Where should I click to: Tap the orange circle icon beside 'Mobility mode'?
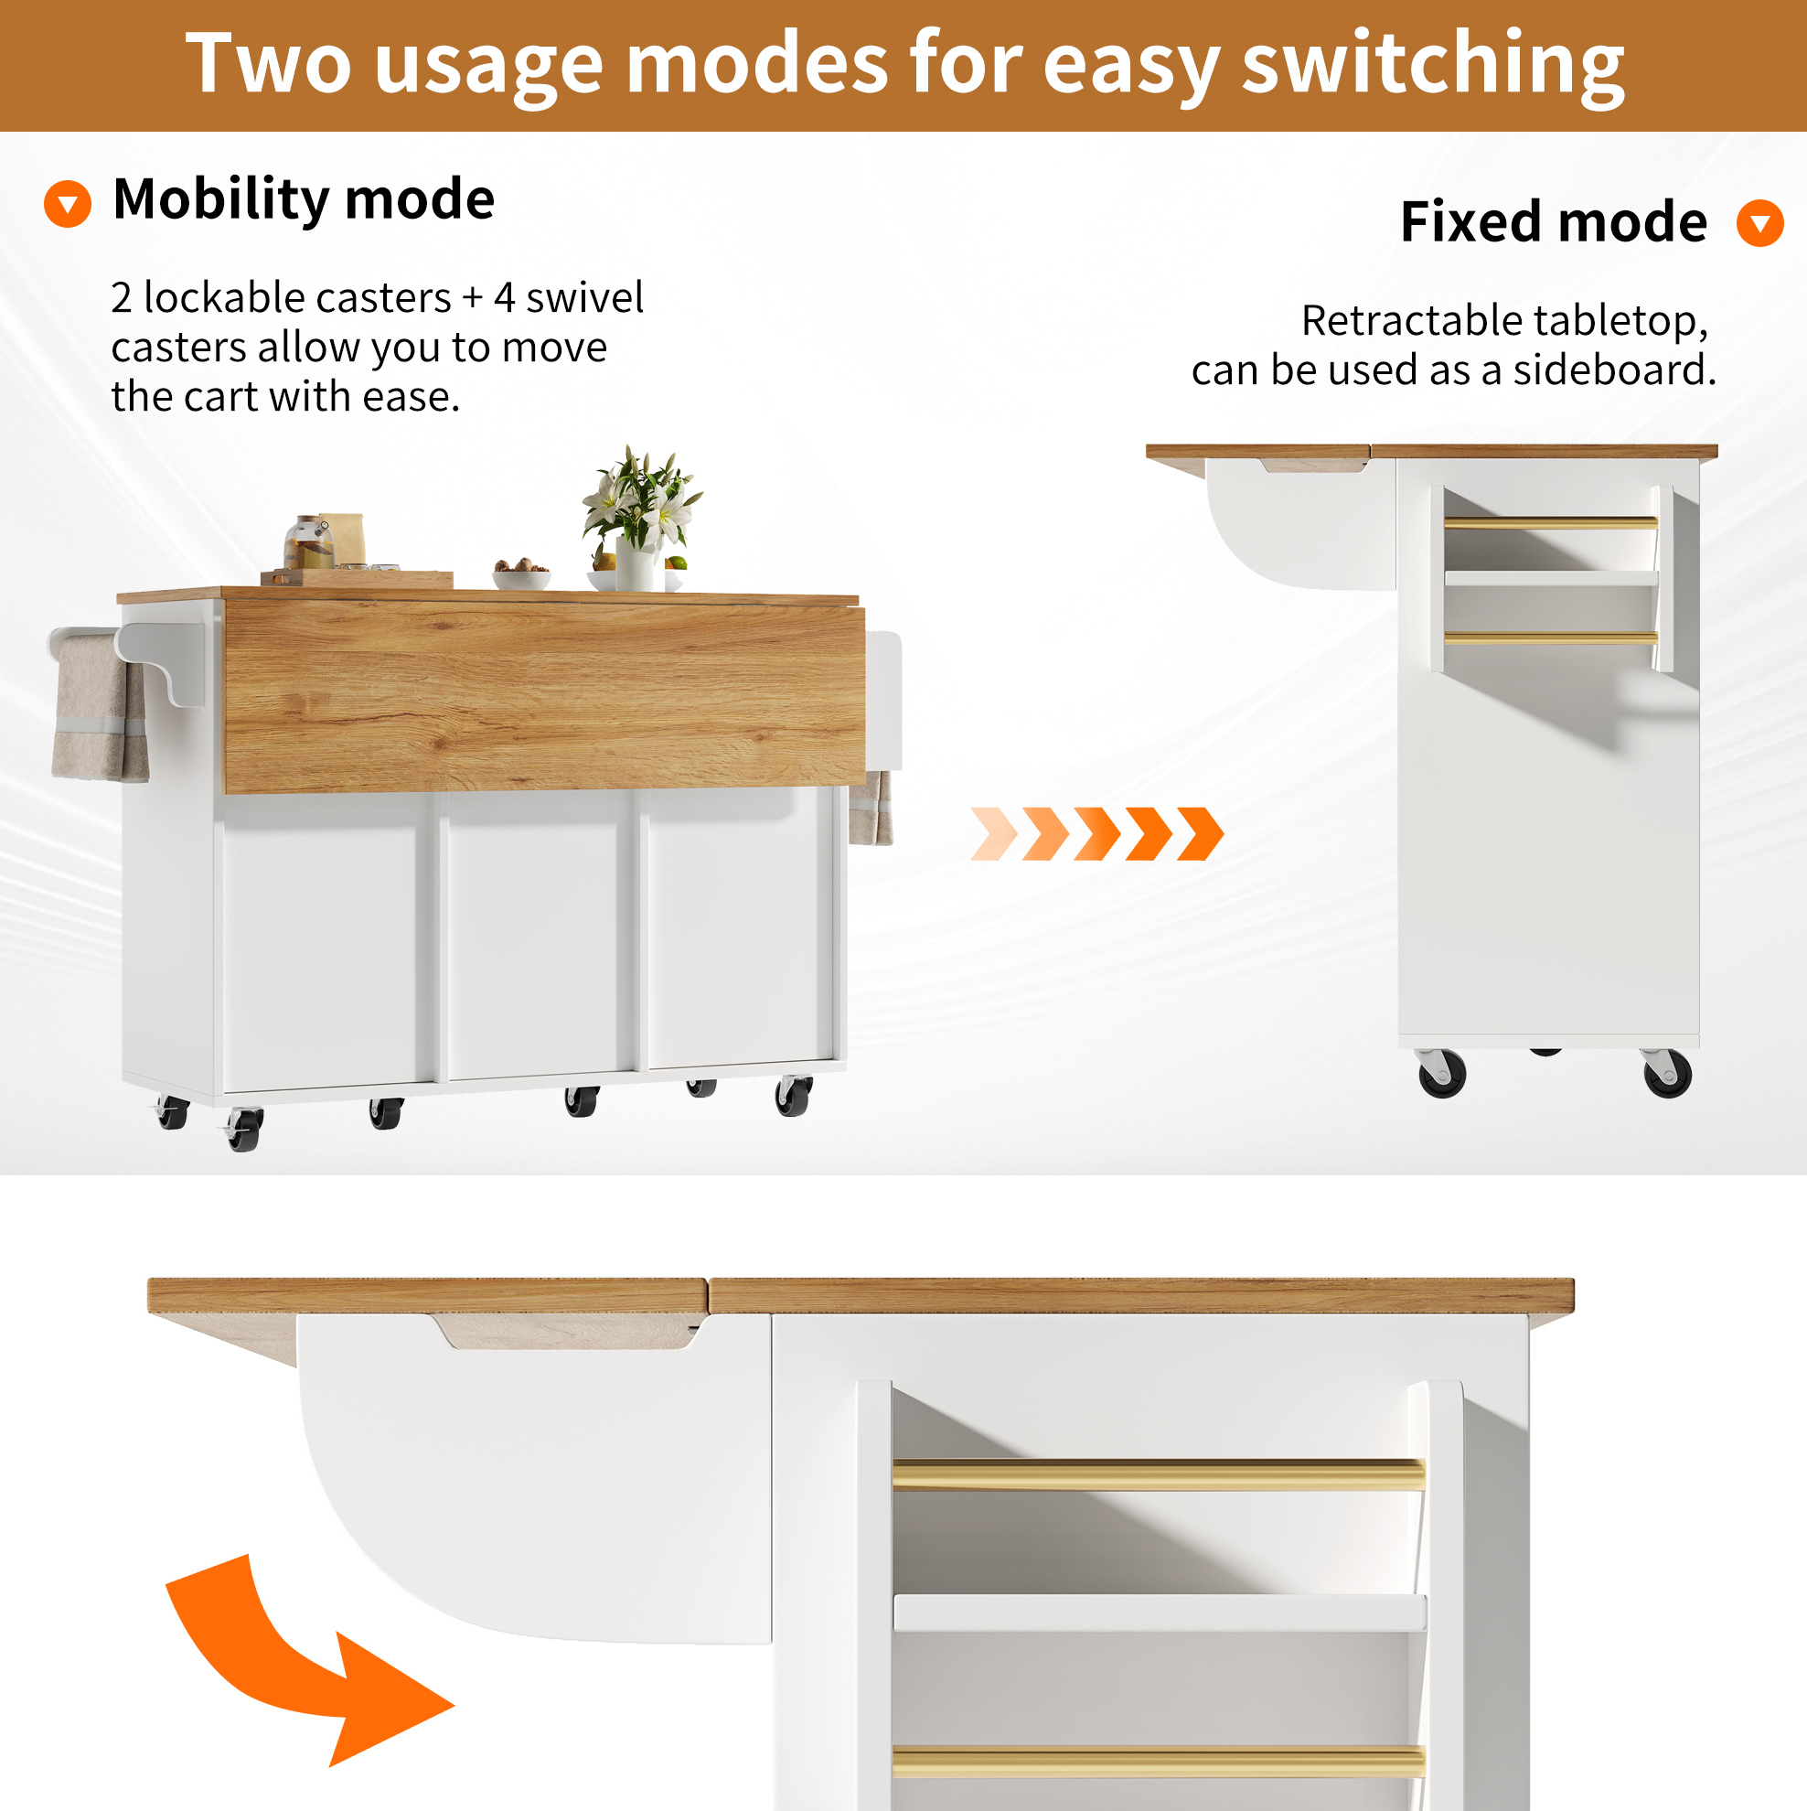click(x=68, y=203)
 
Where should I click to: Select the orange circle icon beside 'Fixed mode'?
click(x=1759, y=223)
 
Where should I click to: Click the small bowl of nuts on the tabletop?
click(x=521, y=573)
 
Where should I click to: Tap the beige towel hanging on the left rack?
click(x=100, y=709)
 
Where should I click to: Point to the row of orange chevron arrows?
click(x=1096, y=833)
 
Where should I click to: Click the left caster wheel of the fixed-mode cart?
click(x=1440, y=1073)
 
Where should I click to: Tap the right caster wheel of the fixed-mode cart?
click(x=1667, y=1073)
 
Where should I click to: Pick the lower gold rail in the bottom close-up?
click(x=1159, y=1762)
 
